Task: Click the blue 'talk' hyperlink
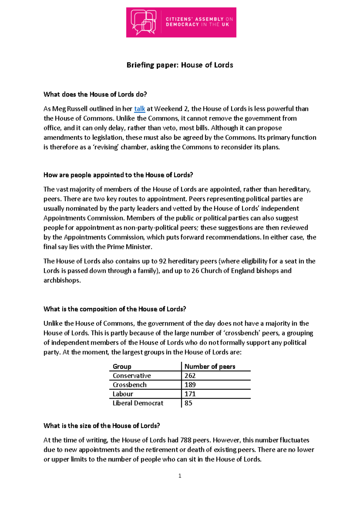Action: pyautogui.click(x=139, y=109)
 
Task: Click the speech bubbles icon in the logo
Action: pyautogui.click(x=143, y=23)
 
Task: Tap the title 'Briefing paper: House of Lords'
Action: pyautogui.click(x=180, y=65)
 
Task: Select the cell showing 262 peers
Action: pyautogui.click(x=190, y=376)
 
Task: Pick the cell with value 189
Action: pyautogui.click(x=190, y=385)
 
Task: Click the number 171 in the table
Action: pyautogui.click(x=190, y=394)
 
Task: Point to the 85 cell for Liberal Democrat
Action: pyautogui.click(x=188, y=403)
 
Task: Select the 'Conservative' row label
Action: pyautogui.click(x=132, y=376)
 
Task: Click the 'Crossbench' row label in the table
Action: pyautogui.click(x=130, y=385)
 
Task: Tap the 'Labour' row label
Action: pyautogui.click(x=123, y=394)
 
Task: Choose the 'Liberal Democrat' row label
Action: pyautogui.click(x=138, y=403)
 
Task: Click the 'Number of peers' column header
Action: pyautogui.click(x=210, y=366)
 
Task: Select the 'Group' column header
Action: pyautogui.click(x=122, y=366)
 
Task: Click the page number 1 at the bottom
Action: pyautogui.click(x=180, y=476)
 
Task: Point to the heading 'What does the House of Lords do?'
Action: pyautogui.click(x=95, y=95)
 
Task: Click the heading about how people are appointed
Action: pyautogui.click(x=118, y=175)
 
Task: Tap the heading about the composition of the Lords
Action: pyautogui.click(x=115, y=309)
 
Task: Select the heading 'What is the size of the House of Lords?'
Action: pyautogui.click(x=102, y=426)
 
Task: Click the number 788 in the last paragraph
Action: pyautogui.click(x=186, y=440)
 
